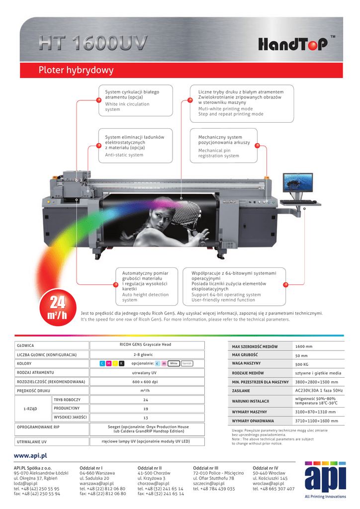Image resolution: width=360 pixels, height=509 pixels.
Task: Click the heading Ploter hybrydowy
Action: pos(76,71)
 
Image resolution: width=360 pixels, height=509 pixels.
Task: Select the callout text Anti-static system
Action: pos(124,155)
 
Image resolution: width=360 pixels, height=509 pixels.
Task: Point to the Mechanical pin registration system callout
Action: pos(218,153)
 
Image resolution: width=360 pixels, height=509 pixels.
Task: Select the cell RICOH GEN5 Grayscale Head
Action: pos(145,344)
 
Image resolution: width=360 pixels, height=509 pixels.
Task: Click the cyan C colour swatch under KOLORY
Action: pos(102,363)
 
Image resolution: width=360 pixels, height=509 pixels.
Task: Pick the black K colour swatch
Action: pos(122,363)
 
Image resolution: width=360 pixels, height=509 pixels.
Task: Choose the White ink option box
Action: pos(174,363)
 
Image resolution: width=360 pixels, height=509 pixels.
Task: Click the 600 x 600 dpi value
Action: pos(145,382)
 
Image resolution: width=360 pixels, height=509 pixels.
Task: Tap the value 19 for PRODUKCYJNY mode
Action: pos(146,409)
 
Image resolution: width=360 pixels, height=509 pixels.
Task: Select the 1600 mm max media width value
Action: pos(304,346)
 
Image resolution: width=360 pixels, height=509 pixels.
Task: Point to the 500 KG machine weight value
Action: pos(302,364)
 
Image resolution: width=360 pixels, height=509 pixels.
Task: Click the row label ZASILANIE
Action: pos(241,391)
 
